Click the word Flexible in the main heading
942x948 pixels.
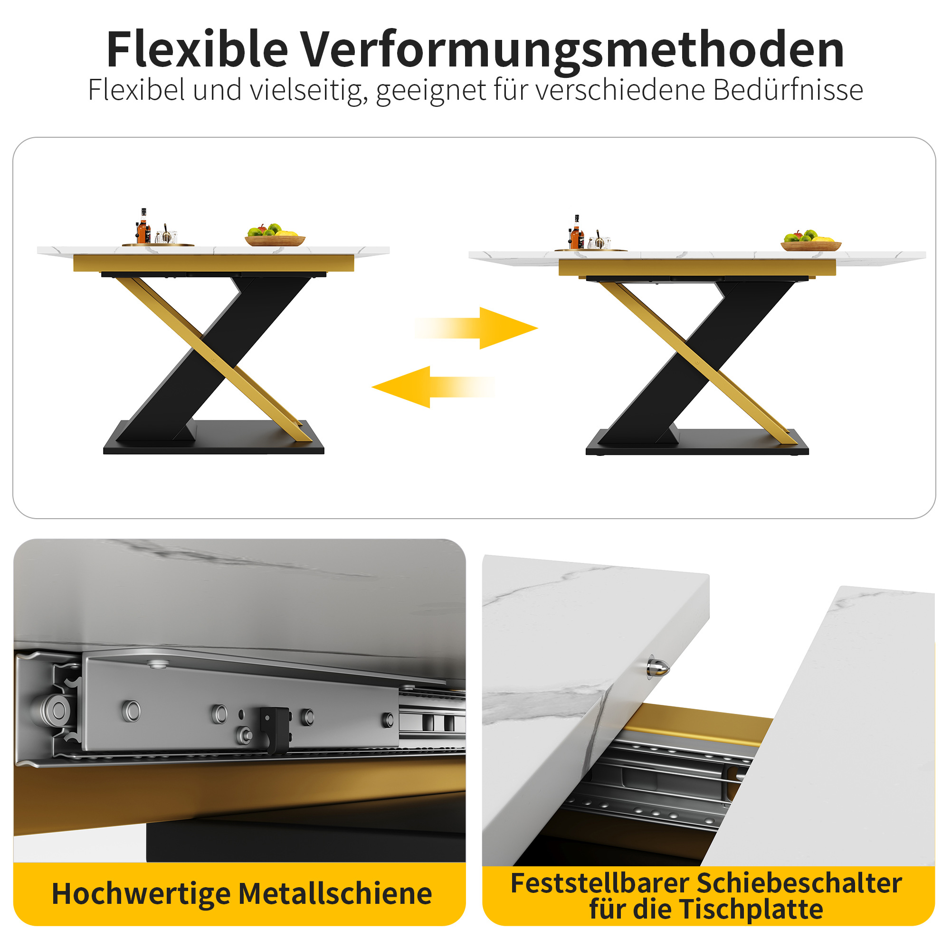[x=197, y=49]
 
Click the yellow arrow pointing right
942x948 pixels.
[x=476, y=328]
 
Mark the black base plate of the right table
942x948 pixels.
[x=697, y=443]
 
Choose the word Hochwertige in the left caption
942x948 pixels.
[x=141, y=894]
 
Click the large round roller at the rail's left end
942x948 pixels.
[x=55, y=709]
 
